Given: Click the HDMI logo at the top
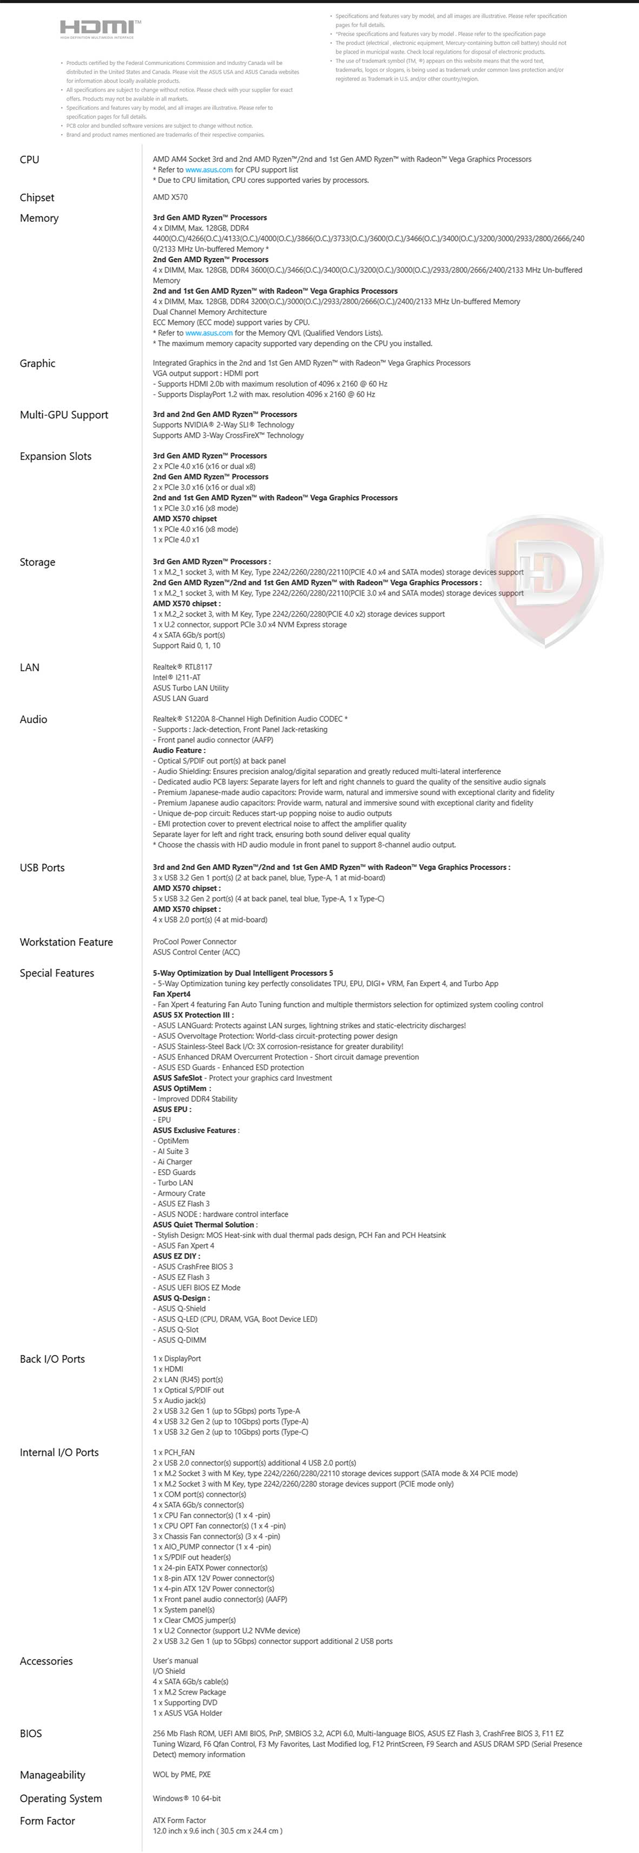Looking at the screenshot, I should (100, 28).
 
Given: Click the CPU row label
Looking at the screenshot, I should (30, 160).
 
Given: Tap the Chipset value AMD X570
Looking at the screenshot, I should (170, 197).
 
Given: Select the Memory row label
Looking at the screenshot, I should (39, 218).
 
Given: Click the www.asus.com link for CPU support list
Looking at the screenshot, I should (209, 170).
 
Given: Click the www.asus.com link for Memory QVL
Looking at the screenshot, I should (209, 333).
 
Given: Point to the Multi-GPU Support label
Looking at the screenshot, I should (64, 414).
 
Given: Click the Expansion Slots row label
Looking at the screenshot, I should (55, 456).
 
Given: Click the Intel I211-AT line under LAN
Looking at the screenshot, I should (176, 677).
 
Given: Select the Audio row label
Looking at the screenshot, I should (33, 720).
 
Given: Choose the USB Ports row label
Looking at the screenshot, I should (42, 867).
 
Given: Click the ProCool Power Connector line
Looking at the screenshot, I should (194, 941).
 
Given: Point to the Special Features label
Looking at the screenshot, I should (57, 973).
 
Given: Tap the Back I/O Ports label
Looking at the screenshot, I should (52, 1359).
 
